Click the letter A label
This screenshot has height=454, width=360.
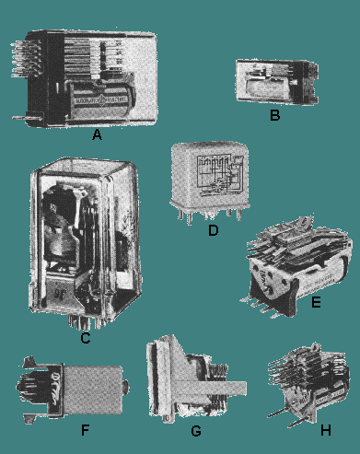tap(96, 134)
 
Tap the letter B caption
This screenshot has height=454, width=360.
tap(273, 116)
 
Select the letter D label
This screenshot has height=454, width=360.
tap(213, 230)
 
